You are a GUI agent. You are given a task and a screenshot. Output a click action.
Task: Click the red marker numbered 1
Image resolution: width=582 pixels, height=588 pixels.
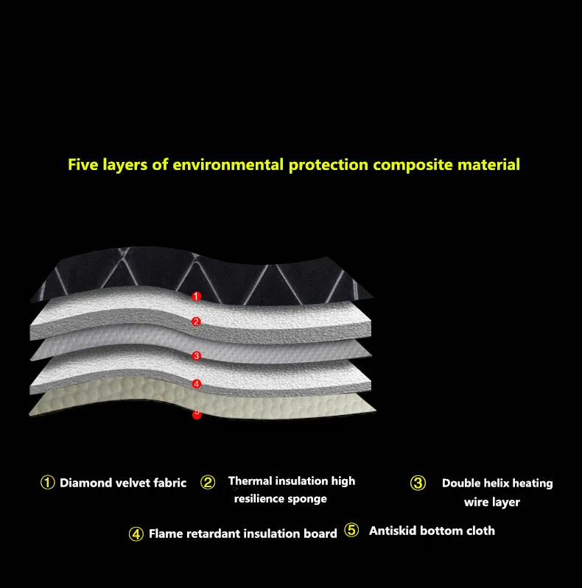(x=196, y=296)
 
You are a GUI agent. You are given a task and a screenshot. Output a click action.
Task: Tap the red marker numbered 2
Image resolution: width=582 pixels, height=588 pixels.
(x=196, y=322)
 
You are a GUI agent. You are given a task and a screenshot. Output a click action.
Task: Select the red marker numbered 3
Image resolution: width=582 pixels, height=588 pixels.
(x=197, y=356)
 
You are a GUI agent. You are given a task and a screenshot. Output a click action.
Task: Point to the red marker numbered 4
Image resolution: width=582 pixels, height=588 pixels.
(x=197, y=383)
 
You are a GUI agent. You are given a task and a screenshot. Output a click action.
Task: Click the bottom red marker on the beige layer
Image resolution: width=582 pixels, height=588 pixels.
(x=197, y=414)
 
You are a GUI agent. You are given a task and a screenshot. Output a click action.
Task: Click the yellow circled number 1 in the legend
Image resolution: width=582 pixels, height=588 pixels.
(x=47, y=483)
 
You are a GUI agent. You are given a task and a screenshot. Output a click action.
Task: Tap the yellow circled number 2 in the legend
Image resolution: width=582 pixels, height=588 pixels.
(x=208, y=483)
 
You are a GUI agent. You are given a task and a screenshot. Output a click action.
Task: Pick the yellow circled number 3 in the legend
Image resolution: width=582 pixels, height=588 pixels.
(x=418, y=483)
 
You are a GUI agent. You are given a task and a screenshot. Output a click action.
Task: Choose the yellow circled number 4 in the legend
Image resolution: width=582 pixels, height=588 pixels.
(x=136, y=534)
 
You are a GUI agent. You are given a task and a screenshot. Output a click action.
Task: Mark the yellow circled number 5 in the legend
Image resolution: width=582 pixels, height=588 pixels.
(x=351, y=530)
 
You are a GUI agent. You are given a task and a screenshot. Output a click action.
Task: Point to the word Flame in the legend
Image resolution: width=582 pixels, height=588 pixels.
(x=165, y=534)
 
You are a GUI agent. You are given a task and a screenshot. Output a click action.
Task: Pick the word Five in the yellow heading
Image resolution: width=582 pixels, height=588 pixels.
(x=83, y=163)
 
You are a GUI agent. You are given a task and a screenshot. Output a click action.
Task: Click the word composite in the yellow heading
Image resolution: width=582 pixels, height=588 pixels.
(x=407, y=164)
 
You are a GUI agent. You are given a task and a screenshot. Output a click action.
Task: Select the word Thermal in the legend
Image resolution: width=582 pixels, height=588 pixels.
(x=251, y=481)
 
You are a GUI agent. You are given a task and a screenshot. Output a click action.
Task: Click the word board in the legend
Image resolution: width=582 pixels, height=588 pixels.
(x=321, y=534)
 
